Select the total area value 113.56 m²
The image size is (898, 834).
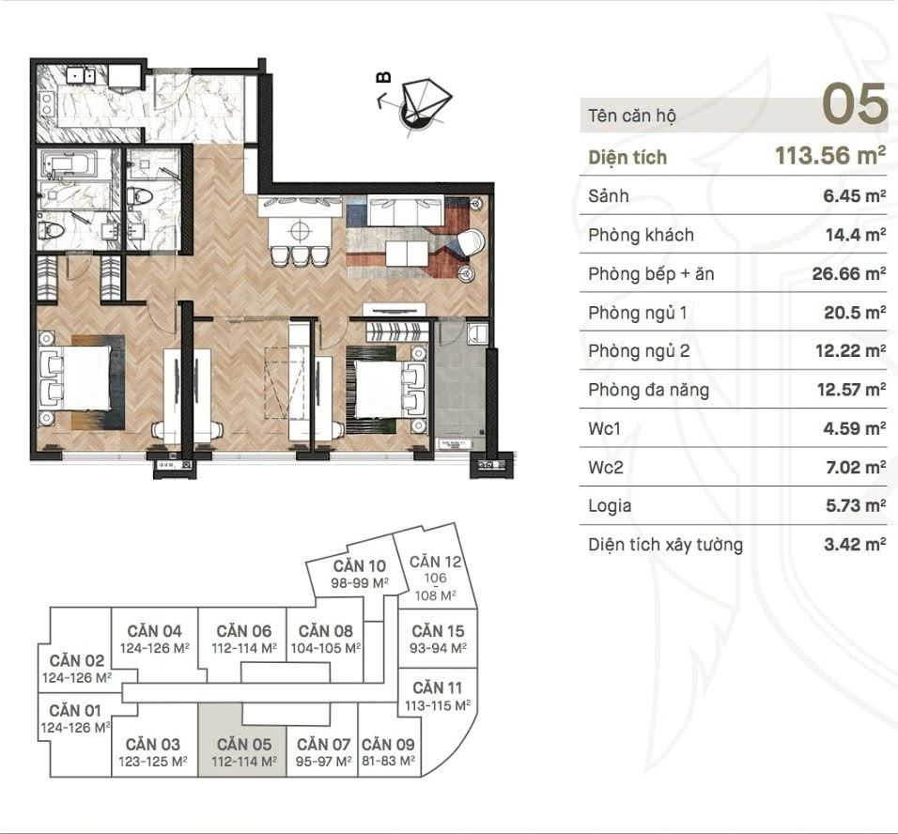(830, 155)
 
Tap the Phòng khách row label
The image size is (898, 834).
(641, 235)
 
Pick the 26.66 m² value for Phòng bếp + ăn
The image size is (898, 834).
(849, 274)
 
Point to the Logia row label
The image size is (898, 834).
(610, 506)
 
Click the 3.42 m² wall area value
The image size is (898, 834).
(855, 544)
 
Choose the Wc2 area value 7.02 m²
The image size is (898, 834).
(856, 468)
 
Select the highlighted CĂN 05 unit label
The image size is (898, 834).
(244, 744)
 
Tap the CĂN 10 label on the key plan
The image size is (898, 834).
(360, 566)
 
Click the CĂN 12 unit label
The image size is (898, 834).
(435, 562)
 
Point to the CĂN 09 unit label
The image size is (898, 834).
(388, 744)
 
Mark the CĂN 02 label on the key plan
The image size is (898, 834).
(77, 660)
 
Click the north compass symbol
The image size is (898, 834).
(421, 104)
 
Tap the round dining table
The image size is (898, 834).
(300, 231)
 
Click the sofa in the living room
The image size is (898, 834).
(405, 210)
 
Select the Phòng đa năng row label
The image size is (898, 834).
(648, 390)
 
